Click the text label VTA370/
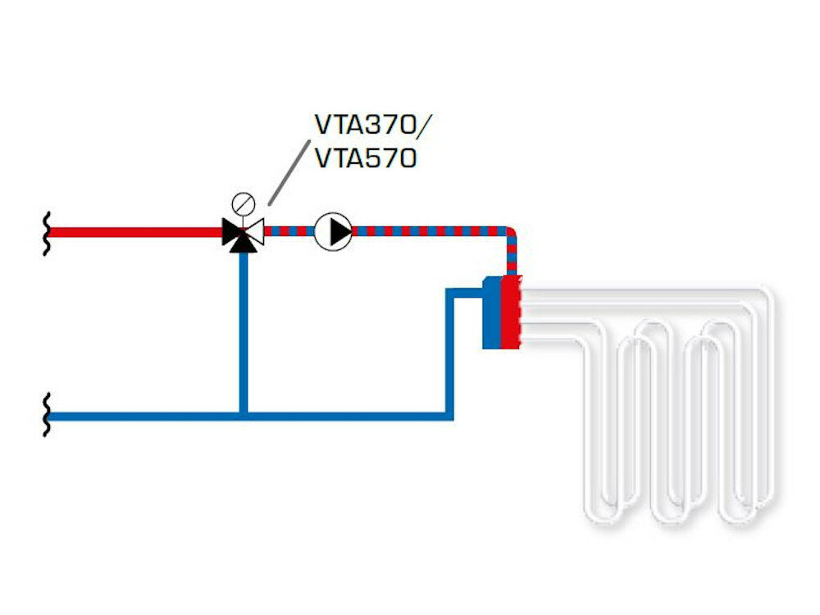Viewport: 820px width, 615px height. tap(372, 125)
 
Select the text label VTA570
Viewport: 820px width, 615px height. tap(366, 157)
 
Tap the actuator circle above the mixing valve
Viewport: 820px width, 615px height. tap(243, 203)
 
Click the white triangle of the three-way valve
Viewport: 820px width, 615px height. tap(254, 232)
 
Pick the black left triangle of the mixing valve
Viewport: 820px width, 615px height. tap(232, 232)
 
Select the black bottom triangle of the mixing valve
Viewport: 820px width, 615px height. tap(243, 244)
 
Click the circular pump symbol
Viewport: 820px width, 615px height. tap(333, 232)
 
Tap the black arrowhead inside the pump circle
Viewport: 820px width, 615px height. tap(339, 232)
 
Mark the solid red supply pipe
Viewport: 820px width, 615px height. tap(131, 232)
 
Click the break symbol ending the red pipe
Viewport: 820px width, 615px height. tap(47, 232)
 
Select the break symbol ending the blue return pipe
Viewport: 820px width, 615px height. tap(47, 415)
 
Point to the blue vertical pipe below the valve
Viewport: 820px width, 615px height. tap(243, 328)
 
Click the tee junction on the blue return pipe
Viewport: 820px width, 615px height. tap(243, 415)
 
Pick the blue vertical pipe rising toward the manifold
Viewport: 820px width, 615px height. tap(450, 353)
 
